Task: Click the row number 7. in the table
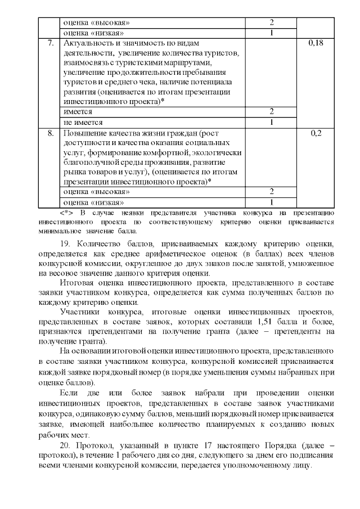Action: pyautogui.click(x=51, y=43)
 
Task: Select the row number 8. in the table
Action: pyautogui.click(x=51, y=134)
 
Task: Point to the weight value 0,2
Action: pyautogui.click(x=317, y=134)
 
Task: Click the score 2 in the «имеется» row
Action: pyautogui.click(x=271, y=111)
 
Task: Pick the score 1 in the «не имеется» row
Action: pyautogui.click(x=271, y=122)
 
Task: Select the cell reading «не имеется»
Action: pyautogui.click(x=83, y=122)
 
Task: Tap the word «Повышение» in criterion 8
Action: pyautogui.click(x=85, y=134)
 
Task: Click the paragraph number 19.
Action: pyautogui.click(x=65, y=244)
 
